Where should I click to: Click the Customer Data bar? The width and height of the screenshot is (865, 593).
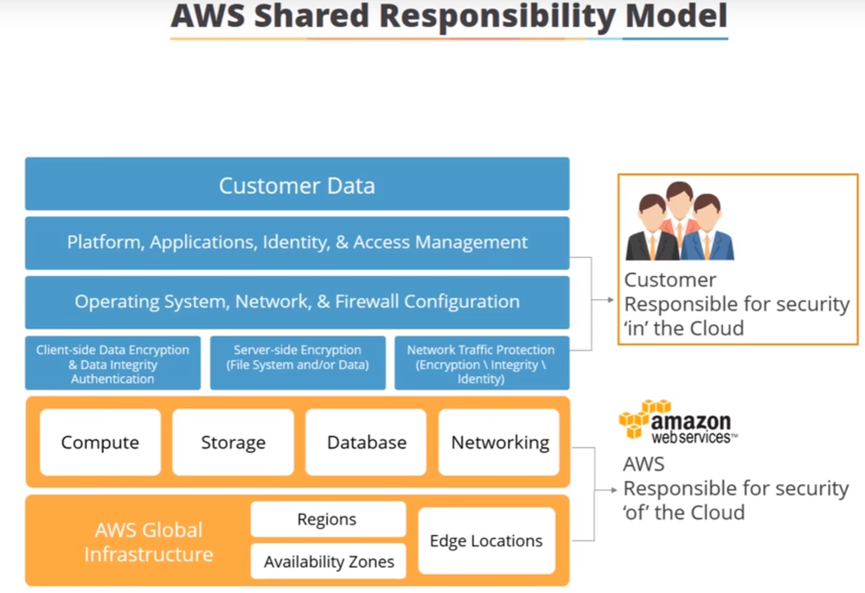click(297, 184)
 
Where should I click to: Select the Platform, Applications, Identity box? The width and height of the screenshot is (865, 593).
click(297, 243)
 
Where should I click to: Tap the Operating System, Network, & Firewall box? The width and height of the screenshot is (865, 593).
click(297, 302)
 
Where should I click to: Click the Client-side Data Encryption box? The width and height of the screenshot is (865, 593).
click(112, 364)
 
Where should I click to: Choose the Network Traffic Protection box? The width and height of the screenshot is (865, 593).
click(481, 364)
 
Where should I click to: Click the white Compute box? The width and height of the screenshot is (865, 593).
click(100, 443)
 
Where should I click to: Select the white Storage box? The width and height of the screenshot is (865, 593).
click(233, 443)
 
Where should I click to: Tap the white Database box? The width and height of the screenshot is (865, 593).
click(366, 443)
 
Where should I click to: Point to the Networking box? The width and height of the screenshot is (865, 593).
click(500, 443)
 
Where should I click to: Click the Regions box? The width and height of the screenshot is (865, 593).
click(327, 520)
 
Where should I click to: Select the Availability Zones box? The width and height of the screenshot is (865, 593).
click(329, 562)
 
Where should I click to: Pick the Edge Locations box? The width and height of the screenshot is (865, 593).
click(486, 541)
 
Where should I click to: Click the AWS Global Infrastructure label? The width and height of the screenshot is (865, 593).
click(149, 542)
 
